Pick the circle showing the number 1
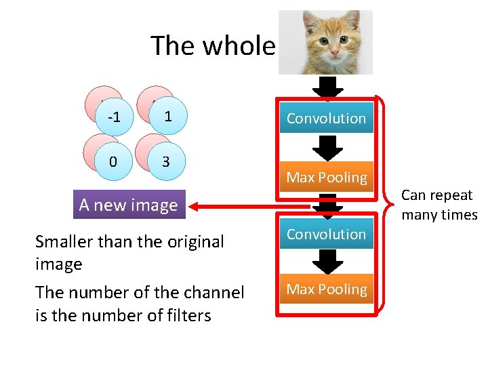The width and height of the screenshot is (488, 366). (167, 117)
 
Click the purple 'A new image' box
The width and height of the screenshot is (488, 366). (128, 205)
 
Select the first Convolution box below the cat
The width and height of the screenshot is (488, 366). (326, 118)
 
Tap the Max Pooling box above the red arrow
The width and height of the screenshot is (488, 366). (326, 178)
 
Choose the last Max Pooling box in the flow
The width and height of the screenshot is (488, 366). (326, 289)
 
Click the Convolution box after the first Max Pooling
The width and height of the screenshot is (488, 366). (326, 234)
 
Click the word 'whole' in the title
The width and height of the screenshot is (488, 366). (240, 46)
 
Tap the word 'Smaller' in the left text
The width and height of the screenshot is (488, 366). (65, 242)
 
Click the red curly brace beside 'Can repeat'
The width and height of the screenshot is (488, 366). (388, 203)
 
